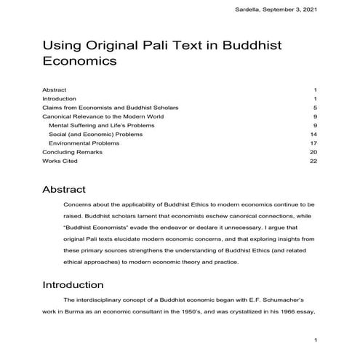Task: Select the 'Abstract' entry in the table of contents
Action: pos(55,89)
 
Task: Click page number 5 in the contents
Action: pos(315,108)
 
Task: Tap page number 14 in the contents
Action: pos(313,134)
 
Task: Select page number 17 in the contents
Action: pos(313,143)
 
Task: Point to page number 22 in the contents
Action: pos(313,161)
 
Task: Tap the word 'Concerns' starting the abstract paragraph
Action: pos(79,206)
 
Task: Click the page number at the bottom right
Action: pos(315,340)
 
